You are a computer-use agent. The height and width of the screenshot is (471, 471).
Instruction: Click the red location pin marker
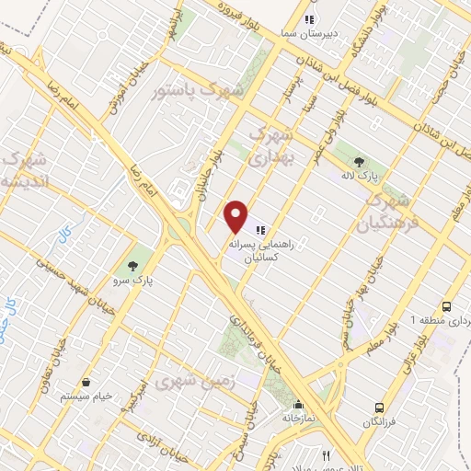pyautogui.click(x=236, y=216)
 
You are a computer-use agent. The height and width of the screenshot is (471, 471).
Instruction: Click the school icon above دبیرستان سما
pyautogui.click(x=310, y=17)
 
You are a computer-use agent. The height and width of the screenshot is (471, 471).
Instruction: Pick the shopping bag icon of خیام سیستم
pyautogui.click(x=86, y=380)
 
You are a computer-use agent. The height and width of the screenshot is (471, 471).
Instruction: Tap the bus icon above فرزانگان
pyautogui.click(x=379, y=408)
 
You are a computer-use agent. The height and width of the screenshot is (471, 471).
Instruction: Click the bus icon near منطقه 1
pyautogui.click(x=447, y=306)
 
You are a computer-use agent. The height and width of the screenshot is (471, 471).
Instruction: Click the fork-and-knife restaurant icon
pyautogui.click(x=326, y=455)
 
